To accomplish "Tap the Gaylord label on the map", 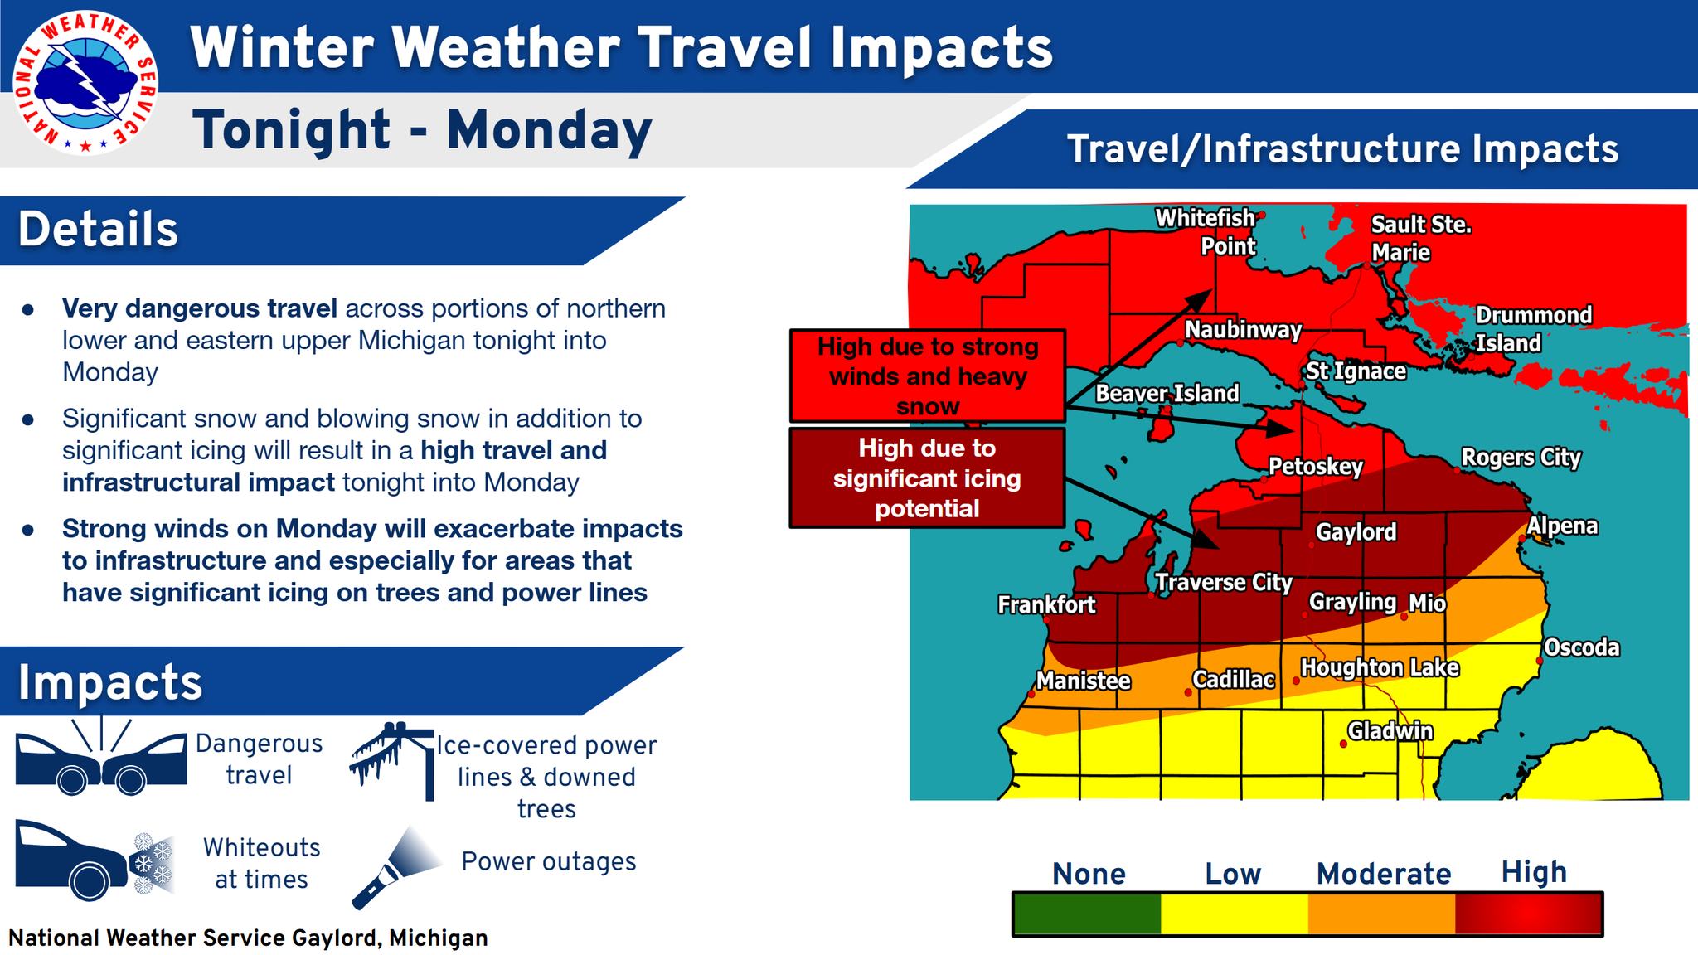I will point(1356,532).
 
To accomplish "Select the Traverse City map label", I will point(1224,583).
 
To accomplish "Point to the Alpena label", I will point(1562,526).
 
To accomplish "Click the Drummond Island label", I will point(1533,329).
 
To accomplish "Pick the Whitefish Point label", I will point(1206,232).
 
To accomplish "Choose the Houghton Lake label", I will point(1380,667).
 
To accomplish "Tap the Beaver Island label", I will point(1167,393).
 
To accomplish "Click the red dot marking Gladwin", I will point(1343,744).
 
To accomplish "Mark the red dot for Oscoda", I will point(1539,661).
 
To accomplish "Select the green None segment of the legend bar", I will point(1087,914).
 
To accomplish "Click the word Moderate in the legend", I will point(1384,874).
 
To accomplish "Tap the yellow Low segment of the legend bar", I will point(1234,914).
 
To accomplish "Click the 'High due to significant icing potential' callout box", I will point(927,478).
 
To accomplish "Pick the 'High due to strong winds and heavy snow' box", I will point(927,376).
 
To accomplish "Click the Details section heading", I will point(98,230).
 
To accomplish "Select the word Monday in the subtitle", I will point(549,130).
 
